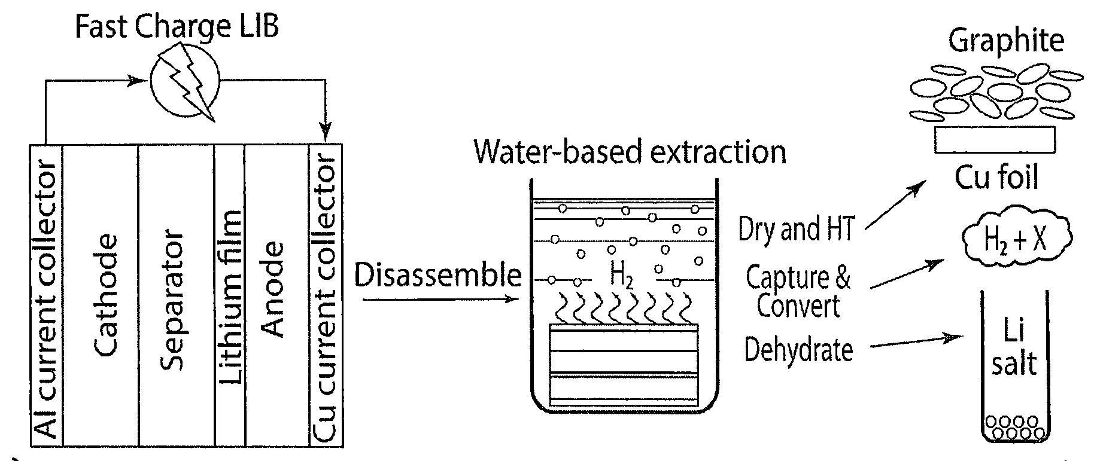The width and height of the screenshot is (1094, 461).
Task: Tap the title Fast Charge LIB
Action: pyautogui.click(x=177, y=26)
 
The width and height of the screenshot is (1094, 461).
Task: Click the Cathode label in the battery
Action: pyautogui.click(x=106, y=295)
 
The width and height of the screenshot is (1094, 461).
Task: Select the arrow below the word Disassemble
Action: pyautogui.click(x=440, y=298)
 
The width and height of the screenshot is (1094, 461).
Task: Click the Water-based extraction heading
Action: pyautogui.click(x=630, y=152)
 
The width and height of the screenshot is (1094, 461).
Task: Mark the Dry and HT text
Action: pyautogui.click(x=796, y=228)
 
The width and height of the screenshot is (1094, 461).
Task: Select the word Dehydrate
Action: pyautogui.click(x=798, y=349)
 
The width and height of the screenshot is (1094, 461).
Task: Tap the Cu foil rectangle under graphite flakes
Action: pyautogui.click(x=995, y=139)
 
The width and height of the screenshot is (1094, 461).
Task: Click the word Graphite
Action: pyautogui.click(x=1006, y=41)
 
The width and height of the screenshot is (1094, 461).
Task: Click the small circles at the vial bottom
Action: pyautogui.click(x=1014, y=427)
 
